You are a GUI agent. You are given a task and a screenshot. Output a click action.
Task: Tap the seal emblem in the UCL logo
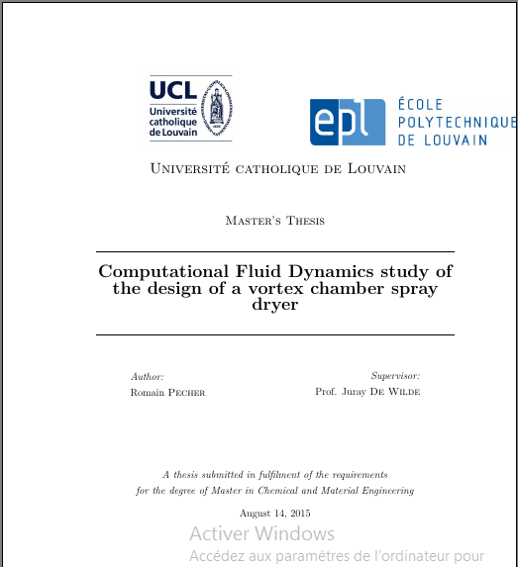[215, 106]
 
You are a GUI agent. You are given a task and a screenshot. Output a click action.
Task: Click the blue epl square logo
[347, 122]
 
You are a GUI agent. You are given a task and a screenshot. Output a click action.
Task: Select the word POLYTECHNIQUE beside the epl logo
[456, 122]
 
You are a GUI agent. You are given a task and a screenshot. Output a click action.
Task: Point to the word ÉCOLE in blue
[420, 104]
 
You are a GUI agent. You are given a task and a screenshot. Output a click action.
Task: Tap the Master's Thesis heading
[275, 221]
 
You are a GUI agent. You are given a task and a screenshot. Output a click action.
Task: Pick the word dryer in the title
[275, 305]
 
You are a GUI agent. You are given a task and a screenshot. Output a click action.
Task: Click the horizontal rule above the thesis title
[275, 251]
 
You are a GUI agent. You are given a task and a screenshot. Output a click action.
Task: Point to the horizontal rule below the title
[275, 334]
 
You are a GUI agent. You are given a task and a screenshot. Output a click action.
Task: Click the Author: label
[148, 376]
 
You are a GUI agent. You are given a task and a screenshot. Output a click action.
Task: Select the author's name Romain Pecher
[167, 392]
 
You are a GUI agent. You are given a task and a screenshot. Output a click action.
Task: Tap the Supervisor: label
[395, 376]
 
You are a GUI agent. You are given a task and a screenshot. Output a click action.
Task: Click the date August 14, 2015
[275, 513]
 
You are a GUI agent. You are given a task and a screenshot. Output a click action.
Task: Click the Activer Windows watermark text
[261, 534]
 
